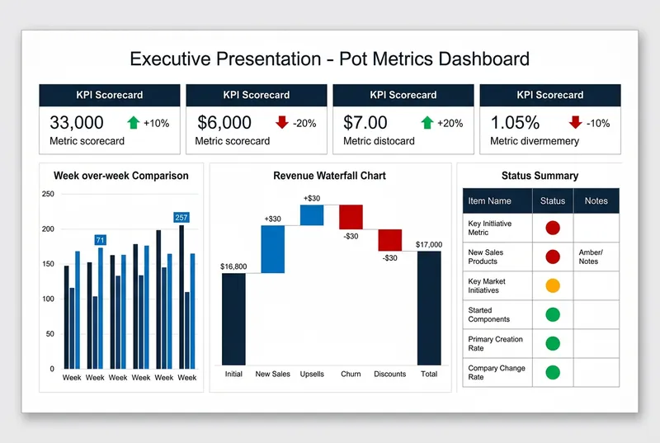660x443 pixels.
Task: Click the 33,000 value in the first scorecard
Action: (77, 123)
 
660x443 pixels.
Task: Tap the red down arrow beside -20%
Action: (282, 122)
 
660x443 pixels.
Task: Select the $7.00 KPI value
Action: (365, 123)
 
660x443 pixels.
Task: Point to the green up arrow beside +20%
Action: (427, 122)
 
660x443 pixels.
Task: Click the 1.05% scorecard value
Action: (515, 123)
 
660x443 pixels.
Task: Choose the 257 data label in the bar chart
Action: (181, 218)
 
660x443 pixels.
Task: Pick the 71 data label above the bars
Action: (100, 240)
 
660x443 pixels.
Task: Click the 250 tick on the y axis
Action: (48, 194)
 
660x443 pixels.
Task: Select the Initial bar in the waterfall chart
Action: (233, 318)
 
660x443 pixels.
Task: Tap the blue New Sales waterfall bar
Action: (273, 248)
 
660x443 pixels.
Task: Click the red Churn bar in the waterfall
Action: (351, 216)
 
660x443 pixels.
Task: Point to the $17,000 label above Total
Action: (429, 244)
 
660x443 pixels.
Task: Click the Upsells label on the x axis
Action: (312, 374)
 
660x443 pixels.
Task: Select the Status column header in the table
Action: (553, 200)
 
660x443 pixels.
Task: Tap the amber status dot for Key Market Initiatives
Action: (553, 285)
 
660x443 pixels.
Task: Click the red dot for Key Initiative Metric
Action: (553, 228)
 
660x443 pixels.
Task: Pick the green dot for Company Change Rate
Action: (553, 372)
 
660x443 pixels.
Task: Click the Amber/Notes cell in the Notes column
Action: (591, 257)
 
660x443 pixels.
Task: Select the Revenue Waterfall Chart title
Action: (329, 176)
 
